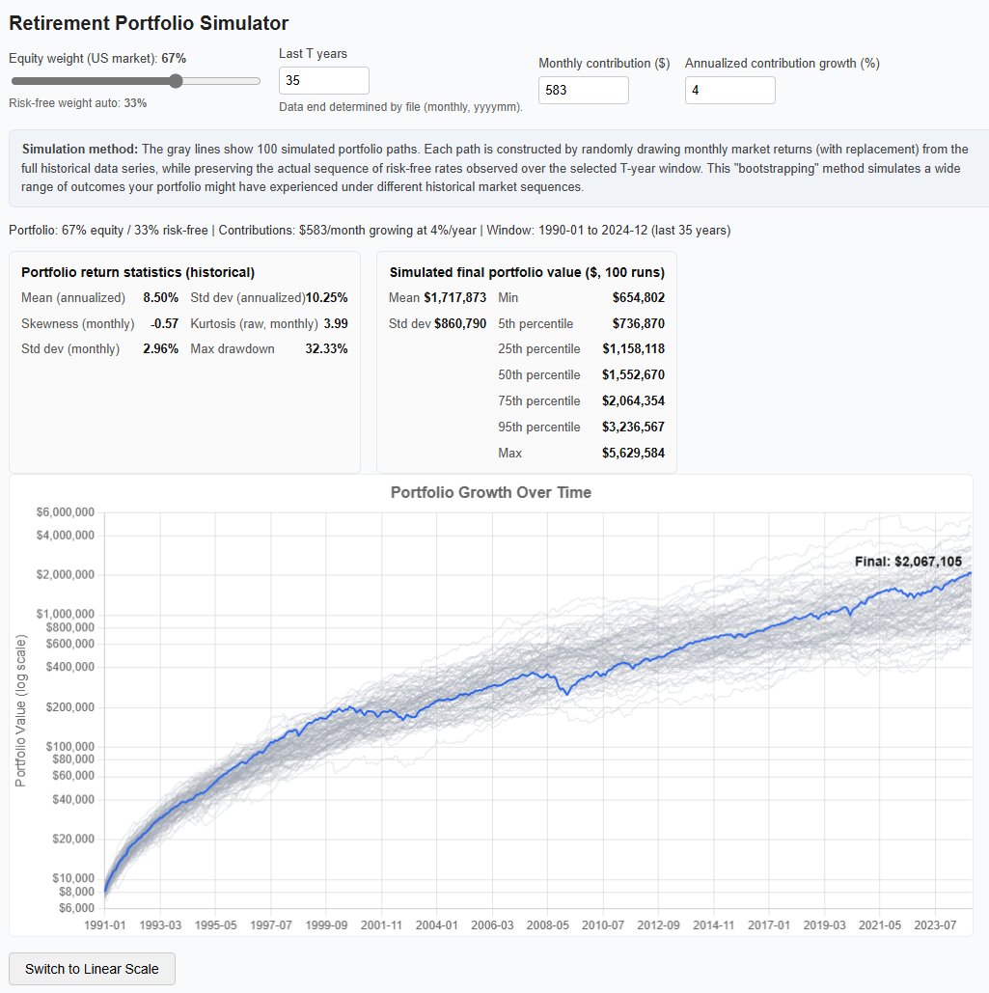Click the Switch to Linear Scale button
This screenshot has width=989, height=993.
pos(92,969)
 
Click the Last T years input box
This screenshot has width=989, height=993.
pos(323,80)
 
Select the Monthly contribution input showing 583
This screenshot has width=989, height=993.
pos(583,90)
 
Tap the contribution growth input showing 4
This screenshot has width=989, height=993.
pos(729,90)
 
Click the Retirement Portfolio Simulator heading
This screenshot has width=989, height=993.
pos(149,23)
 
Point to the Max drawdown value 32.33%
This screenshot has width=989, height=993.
pos(326,348)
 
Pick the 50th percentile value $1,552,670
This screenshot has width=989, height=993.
pos(633,374)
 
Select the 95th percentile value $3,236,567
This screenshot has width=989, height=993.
pos(633,427)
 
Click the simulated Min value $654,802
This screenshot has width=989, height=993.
pos(638,297)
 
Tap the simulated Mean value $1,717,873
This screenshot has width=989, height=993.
pos(454,297)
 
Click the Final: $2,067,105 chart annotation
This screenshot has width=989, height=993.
pos(907,561)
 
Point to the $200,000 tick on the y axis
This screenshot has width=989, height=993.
pos(69,707)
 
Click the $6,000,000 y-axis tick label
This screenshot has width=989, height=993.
pos(65,512)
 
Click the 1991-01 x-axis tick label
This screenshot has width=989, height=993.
pos(105,924)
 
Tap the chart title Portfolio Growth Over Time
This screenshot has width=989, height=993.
pos(490,492)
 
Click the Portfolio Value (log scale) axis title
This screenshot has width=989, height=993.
pos(20,711)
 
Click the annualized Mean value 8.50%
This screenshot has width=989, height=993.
pos(160,297)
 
